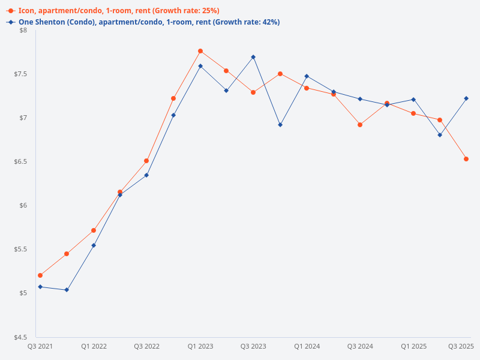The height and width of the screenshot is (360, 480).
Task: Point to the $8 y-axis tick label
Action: pos(23,30)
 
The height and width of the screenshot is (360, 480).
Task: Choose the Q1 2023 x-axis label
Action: pos(200,346)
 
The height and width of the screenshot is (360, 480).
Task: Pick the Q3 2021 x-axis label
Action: pos(40,346)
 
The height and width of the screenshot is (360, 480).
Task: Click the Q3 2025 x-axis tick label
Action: pos(461,346)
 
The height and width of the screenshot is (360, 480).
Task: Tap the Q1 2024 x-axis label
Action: pos(307,346)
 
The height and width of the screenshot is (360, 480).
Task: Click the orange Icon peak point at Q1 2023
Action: pos(200,51)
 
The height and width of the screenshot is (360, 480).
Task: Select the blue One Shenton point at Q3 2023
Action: pos(253,57)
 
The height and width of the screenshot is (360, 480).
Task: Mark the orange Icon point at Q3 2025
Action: pos(466,159)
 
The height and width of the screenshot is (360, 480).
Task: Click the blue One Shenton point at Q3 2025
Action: pos(466,98)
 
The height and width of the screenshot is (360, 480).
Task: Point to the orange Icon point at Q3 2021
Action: pos(40,275)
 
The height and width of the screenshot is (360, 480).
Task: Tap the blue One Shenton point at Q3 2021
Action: pos(40,287)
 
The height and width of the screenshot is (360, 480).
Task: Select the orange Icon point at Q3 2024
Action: pos(360,125)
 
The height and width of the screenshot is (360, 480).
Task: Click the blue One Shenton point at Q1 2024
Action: pos(307,76)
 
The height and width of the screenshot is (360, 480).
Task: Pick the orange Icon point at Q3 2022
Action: pos(146,161)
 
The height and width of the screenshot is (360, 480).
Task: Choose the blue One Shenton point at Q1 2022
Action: pos(94,245)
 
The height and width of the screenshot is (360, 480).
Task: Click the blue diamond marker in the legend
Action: pos(11,22)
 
